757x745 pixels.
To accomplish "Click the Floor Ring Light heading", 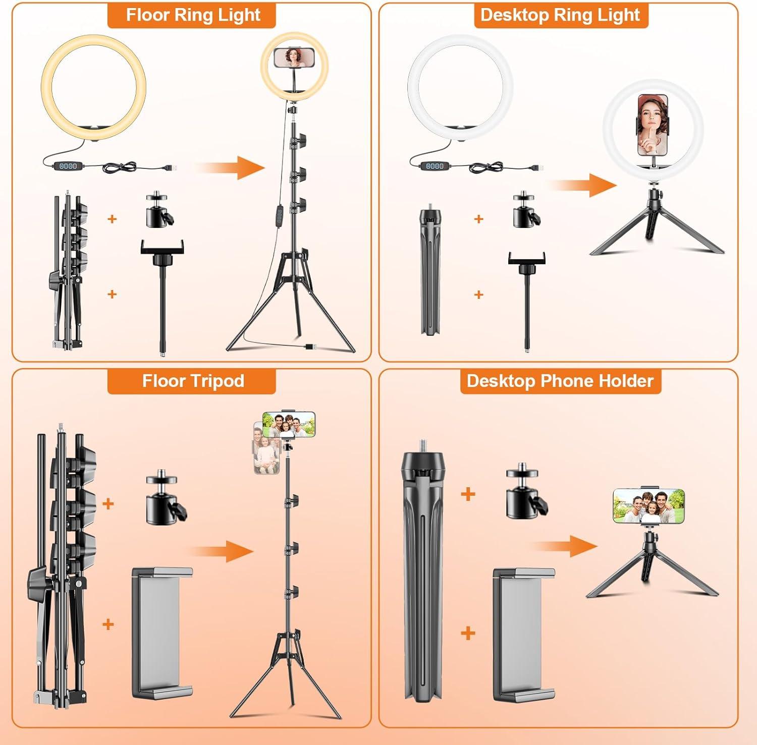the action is [x=193, y=15].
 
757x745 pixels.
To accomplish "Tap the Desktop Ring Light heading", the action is [x=560, y=15].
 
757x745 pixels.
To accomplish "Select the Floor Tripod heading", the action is [x=193, y=381].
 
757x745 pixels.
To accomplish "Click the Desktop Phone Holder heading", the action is [x=560, y=381].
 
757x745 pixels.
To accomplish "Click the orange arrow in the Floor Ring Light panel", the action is [x=230, y=167].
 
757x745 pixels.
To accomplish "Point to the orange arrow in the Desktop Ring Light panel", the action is [x=583, y=185].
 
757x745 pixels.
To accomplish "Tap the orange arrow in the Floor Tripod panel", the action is [x=221, y=551].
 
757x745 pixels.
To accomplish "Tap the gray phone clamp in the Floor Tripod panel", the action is [x=162, y=634].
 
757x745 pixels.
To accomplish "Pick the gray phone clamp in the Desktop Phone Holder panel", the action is [x=524, y=635].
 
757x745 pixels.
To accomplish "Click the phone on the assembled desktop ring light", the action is [x=653, y=125].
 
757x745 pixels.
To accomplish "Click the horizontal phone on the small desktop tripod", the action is [x=649, y=505].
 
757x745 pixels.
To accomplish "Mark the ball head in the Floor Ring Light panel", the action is [x=160, y=209].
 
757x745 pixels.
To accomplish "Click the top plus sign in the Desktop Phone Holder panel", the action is [x=468, y=494].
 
